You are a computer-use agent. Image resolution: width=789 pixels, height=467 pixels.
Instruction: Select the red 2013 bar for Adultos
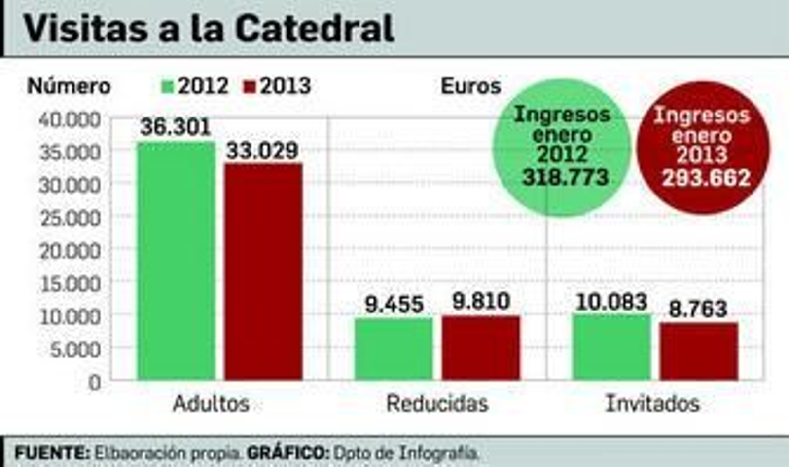pyautogui.click(x=263, y=272)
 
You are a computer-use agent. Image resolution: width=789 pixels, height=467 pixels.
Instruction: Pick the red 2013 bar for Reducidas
pyautogui.click(x=481, y=348)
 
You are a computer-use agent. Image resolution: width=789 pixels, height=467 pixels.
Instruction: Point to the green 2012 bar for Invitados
pyautogui.click(x=612, y=347)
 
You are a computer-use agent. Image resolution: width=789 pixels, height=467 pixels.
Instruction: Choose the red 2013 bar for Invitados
pyautogui.click(x=699, y=351)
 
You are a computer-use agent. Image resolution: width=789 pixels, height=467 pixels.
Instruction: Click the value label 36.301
pyautogui.click(x=176, y=127)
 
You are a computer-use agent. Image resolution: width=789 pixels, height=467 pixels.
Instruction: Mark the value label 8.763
pyautogui.click(x=698, y=309)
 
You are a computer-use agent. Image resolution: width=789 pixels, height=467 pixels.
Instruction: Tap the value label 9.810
pyautogui.click(x=481, y=301)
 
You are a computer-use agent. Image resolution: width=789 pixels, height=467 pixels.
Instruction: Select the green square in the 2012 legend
pyautogui.click(x=168, y=87)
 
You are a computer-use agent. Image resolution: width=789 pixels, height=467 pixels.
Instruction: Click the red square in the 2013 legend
pyautogui.click(x=250, y=87)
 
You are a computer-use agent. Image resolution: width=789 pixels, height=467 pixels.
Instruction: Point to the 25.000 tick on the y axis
pyautogui.click(x=70, y=218)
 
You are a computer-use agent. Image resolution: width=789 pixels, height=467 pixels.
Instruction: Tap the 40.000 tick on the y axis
pyautogui.click(x=70, y=119)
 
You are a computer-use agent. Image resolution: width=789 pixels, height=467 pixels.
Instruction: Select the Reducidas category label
pyautogui.click(x=437, y=403)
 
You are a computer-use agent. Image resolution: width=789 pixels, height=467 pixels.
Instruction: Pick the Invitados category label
pyautogui.click(x=652, y=403)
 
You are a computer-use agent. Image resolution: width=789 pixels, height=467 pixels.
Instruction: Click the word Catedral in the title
pyautogui.click(x=315, y=28)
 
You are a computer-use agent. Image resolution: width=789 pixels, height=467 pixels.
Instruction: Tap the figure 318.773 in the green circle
pyautogui.click(x=565, y=177)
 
